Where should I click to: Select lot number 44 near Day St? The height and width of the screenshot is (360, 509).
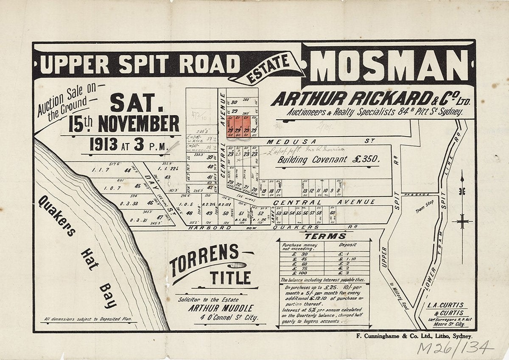127,170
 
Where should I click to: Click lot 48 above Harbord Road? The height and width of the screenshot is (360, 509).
189,213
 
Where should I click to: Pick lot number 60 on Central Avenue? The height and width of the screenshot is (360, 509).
333,213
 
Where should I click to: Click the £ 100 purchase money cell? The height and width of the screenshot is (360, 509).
299,273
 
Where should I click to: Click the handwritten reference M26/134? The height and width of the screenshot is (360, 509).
455,348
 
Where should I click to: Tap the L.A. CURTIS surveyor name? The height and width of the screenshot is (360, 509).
445,305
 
